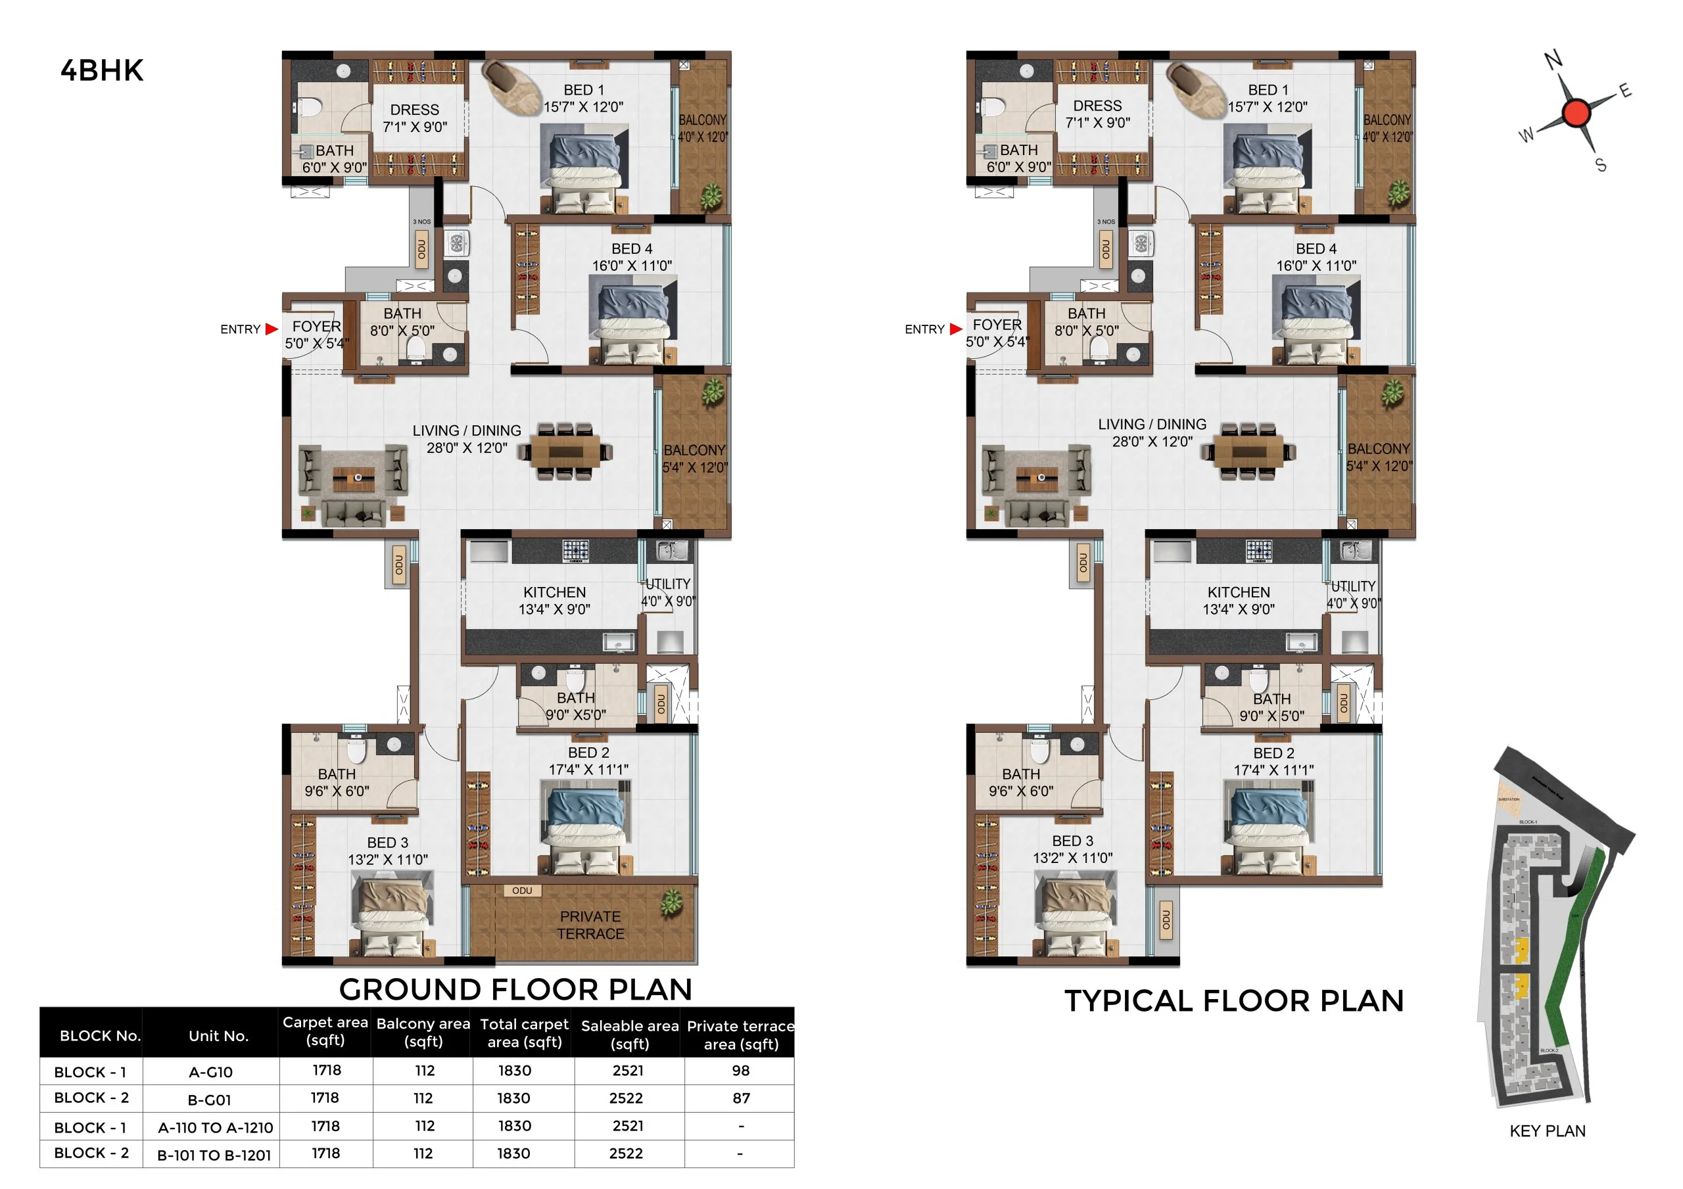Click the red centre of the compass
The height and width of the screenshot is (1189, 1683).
click(1575, 113)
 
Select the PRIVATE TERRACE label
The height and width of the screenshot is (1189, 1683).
click(590, 925)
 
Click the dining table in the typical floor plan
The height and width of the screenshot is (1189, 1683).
click(1248, 452)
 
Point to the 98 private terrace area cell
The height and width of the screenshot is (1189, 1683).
click(740, 1070)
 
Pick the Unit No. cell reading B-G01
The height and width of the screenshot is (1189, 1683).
click(210, 1100)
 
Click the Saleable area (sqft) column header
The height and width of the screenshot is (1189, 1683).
click(629, 1035)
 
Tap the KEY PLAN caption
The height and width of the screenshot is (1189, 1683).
click(1547, 1131)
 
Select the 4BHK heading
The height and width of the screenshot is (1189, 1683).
click(102, 70)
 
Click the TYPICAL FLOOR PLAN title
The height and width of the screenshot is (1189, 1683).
click(1234, 1000)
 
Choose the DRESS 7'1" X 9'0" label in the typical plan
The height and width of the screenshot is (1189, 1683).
click(1097, 114)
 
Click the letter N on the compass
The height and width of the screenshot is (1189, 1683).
click(1553, 60)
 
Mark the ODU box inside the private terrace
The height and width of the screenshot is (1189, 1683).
click(522, 891)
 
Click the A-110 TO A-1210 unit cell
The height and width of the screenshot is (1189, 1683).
click(216, 1127)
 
